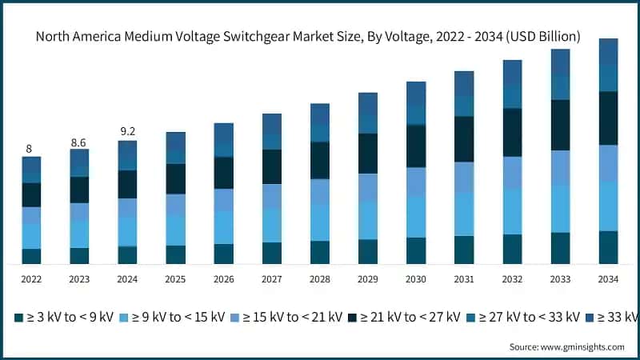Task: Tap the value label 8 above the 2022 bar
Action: point(30,148)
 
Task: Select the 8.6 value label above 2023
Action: point(78,142)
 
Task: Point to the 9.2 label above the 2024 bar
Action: point(126,132)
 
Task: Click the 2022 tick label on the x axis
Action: point(30,279)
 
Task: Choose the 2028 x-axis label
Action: point(319,279)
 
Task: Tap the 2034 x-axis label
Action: point(608,279)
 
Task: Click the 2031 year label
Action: point(464,279)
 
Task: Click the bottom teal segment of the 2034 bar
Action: point(608,247)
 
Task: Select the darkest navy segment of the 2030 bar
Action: point(416,146)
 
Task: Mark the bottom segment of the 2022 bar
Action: point(30,256)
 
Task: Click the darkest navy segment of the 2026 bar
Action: point(223,172)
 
